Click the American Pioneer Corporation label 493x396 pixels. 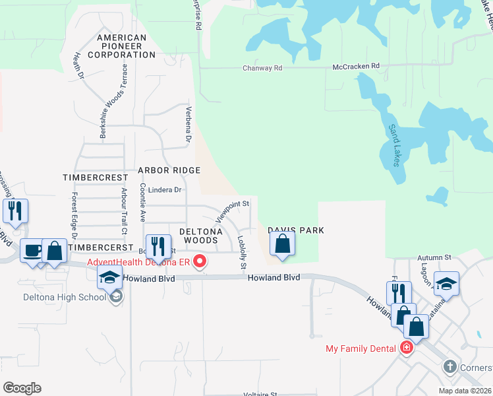[121, 46]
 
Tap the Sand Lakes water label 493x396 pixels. [394, 145]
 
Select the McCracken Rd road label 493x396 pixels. [356, 66]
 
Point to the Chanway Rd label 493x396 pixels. [262, 68]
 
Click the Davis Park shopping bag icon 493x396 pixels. [282, 243]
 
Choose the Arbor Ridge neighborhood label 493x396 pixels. [169, 170]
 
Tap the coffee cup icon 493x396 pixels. [32, 250]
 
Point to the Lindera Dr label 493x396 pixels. [164, 190]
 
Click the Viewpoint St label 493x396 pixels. [232, 210]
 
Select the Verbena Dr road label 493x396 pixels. [188, 125]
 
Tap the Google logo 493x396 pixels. [22, 387]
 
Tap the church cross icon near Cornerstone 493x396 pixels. [449, 366]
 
